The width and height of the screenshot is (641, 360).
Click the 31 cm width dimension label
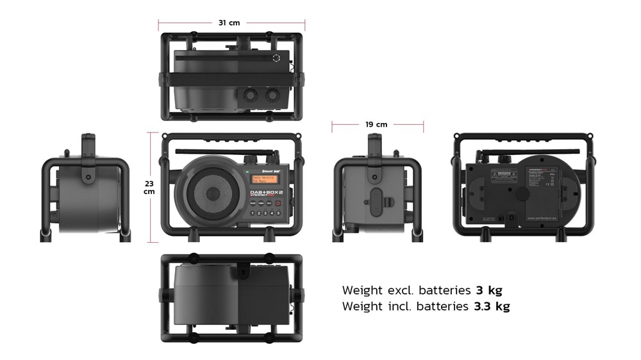click(229, 22)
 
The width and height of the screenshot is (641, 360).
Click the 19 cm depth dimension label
click(377, 124)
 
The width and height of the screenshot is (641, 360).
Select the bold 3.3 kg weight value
click(492, 306)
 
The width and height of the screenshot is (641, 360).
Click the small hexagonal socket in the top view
click(276, 58)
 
